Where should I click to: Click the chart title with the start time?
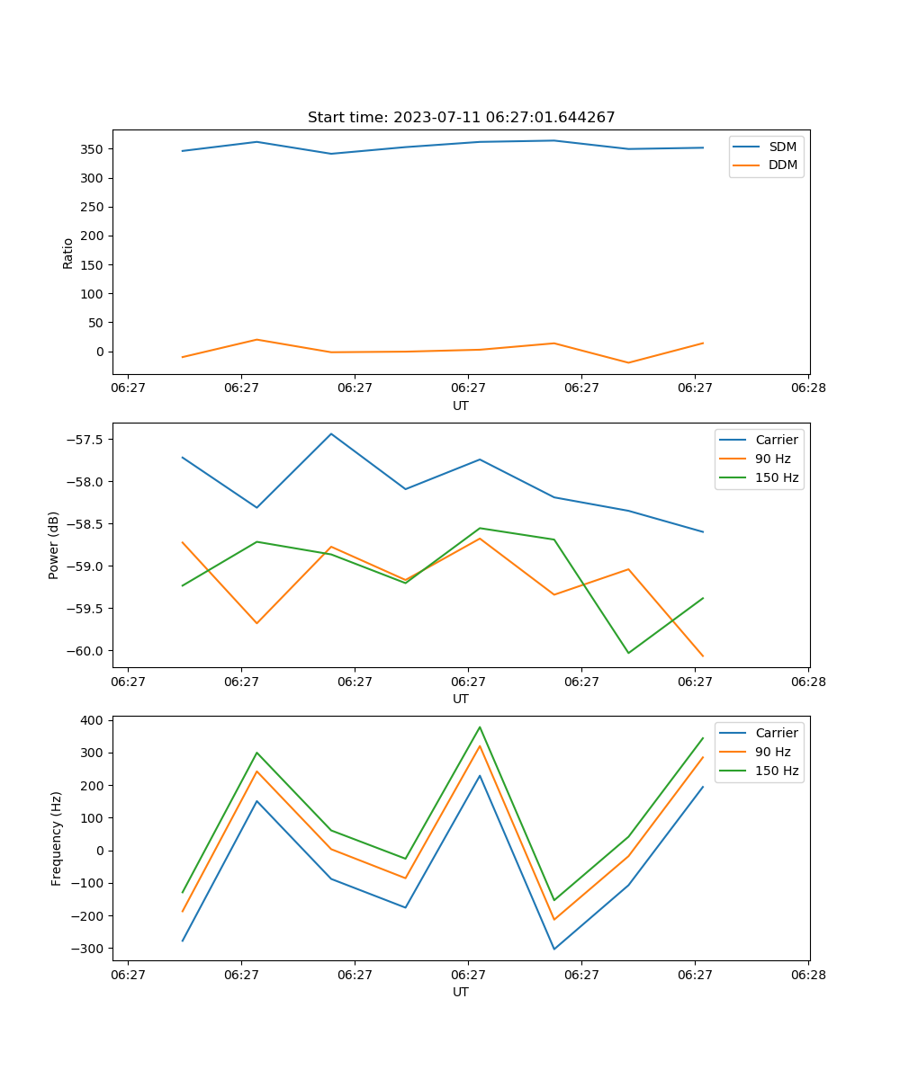[x=461, y=118]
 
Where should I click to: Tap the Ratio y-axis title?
[x=68, y=254]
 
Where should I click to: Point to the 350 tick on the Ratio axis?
[x=94, y=149]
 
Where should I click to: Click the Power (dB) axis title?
[x=54, y=545]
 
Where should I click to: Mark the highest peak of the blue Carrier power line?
[x=331, y=433]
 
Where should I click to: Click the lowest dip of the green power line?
[x=628, y=653]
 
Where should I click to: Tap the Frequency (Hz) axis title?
[x=57, y=838]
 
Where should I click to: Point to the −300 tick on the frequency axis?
[x=87, y=949]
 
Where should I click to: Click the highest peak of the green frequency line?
[x=480, y=727]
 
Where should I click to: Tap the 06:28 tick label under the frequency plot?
[x=808, y=974]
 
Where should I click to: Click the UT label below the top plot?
[x=461, y=406]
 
